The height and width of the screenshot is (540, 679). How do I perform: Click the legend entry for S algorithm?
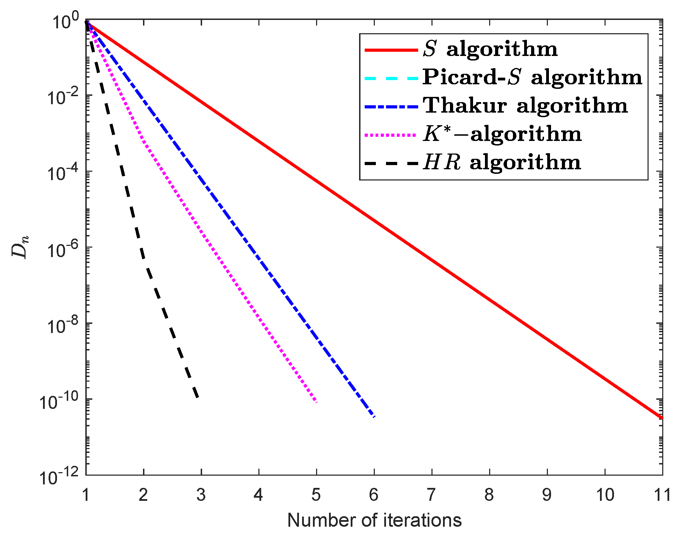489,49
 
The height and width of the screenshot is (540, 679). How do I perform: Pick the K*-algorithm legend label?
502,134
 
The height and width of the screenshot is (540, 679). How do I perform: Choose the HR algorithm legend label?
502,163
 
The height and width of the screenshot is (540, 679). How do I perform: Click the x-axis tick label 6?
374,495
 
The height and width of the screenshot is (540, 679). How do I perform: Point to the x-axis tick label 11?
662,495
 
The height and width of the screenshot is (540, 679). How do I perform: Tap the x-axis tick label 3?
201,495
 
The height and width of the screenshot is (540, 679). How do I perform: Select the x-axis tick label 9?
547,495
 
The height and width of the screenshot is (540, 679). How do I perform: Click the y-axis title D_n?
20,247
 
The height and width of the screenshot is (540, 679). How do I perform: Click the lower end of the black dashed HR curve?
198,397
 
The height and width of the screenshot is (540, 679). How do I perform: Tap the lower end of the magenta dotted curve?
316,402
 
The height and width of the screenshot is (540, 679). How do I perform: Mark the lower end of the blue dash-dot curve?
374,417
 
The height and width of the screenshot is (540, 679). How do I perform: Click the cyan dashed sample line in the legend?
391,78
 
